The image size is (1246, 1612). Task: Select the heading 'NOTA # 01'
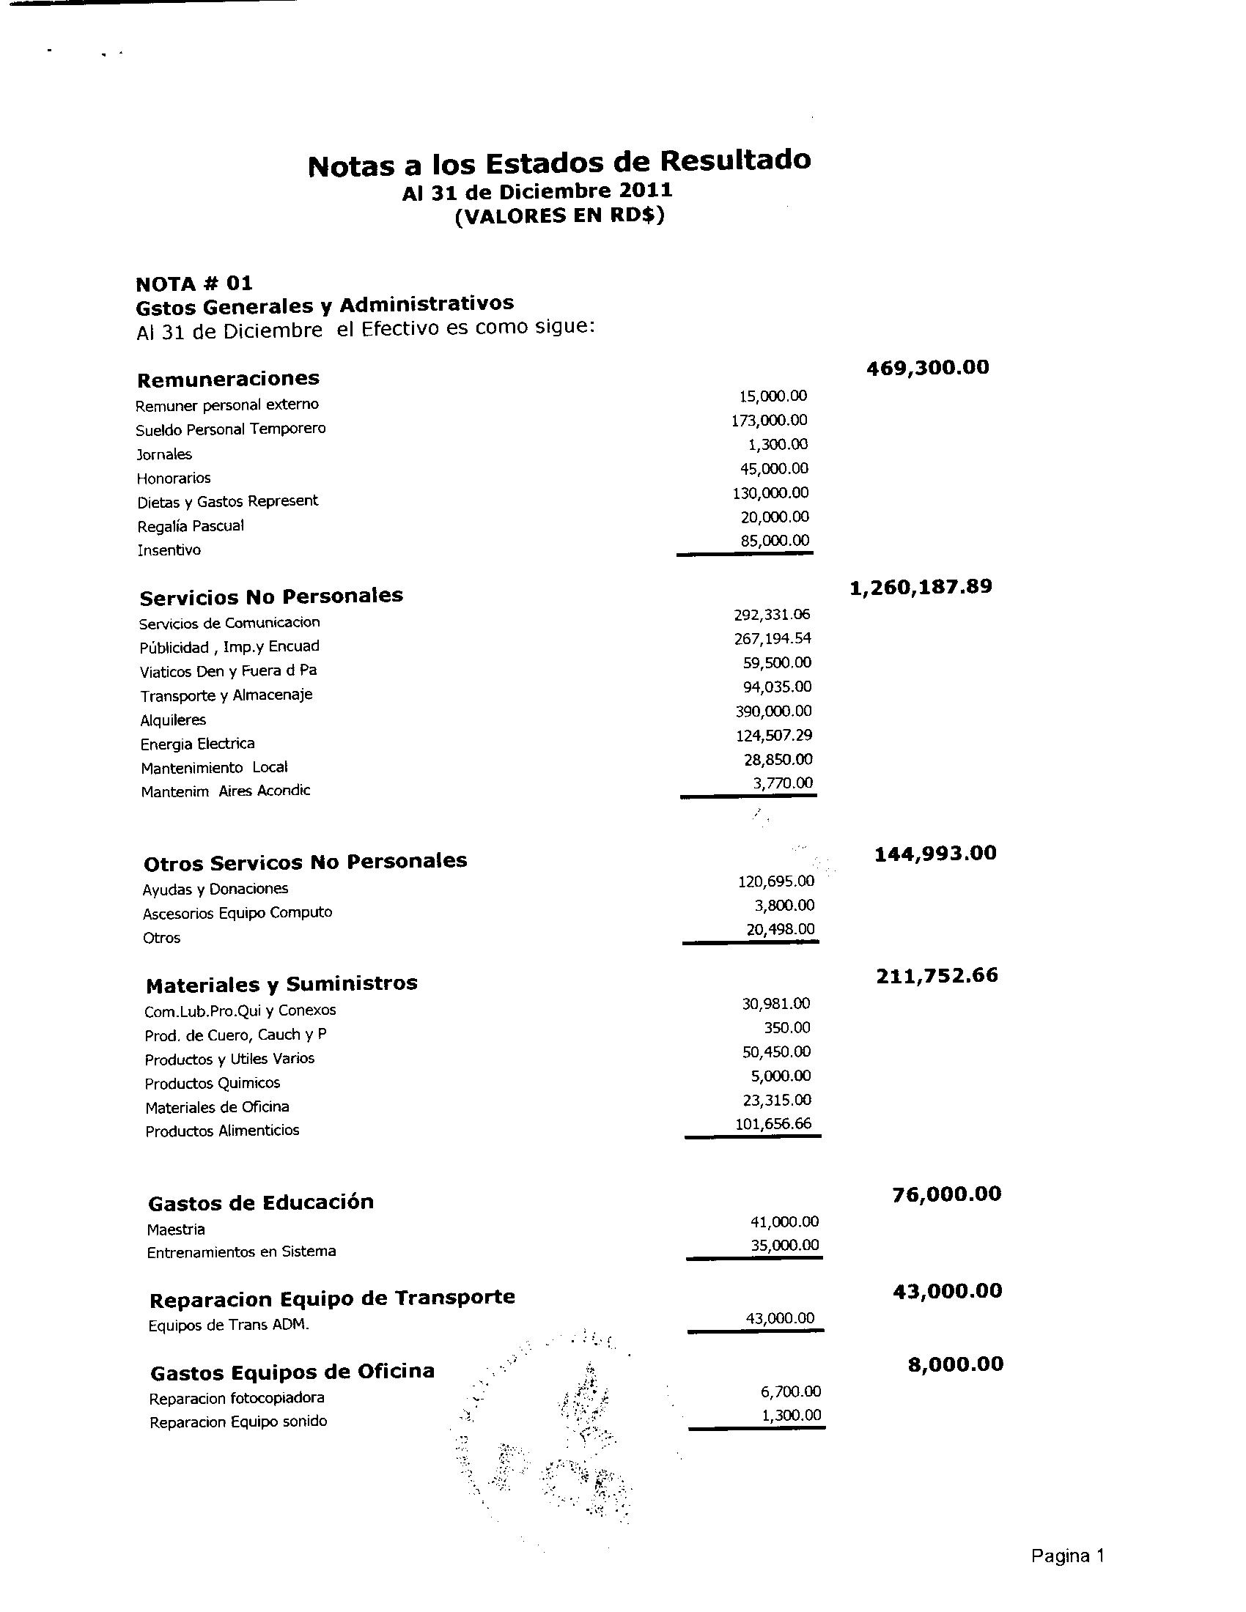point(194,284)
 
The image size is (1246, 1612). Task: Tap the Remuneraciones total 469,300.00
point(927,368)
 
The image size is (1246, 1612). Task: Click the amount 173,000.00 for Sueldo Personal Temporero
point(769,421)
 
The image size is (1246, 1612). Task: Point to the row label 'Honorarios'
point(174,478)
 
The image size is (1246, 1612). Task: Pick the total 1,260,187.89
point(921,587)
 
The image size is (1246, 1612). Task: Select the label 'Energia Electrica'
point(197,744)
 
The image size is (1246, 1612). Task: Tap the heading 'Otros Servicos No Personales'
point(305,862)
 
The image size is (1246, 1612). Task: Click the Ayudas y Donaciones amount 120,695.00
point(775,881)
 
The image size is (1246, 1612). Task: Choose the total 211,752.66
point(937,977)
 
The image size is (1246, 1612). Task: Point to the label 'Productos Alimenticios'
point(222,1131)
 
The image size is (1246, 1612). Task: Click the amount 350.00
point(787,1027)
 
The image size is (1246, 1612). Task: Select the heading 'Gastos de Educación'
point(261,1203)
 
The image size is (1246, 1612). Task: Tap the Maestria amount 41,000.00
point(784,1221)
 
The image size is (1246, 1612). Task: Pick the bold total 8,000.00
point(955,1364)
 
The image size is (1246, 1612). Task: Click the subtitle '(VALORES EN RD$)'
point(559,217)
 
